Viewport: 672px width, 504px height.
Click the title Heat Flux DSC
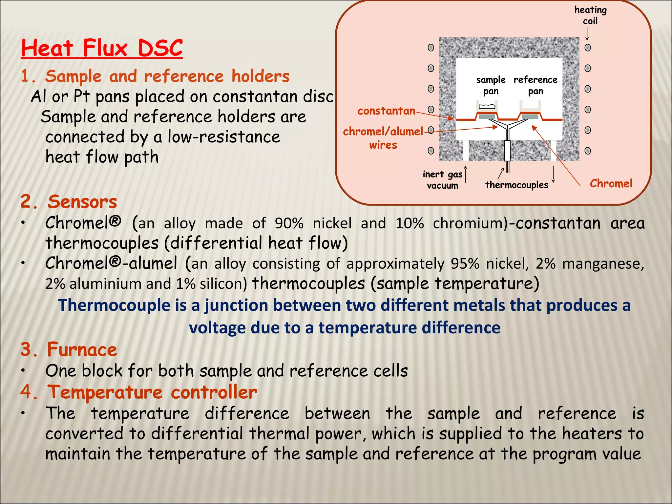pyautogui.click(x=102, y=48)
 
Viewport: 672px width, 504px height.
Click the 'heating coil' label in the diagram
pyautogui.click(x=590, y=15)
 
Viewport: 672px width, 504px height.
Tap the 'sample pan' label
pyautogui.click(x=491, y=85)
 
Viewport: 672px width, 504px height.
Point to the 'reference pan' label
pyautogui.click(x=535, y=85)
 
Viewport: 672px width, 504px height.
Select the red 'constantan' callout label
pyautogui.click(x=386, y=111)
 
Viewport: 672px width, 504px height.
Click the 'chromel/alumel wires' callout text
pyautogui.click(x=383, y=138)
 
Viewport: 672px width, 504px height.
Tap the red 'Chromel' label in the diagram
pyautogui.click(x=611, y=183)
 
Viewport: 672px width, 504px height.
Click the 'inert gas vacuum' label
pyautogui.click(x=442, y=180)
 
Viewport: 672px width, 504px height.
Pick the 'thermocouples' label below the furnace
pyautogui.click(x=516, y=185)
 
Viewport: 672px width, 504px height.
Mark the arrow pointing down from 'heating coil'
pyautogui.click(x=587, y=34)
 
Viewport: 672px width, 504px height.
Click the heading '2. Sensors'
pyautogui.click(x=69, y=201)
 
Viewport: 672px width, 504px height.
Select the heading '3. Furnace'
pyautogui.click(x=69, y=349)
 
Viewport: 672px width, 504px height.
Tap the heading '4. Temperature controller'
pyautogui.click(x=138, y=392)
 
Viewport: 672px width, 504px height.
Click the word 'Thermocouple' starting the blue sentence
pyautogui.click(x=114, y=305)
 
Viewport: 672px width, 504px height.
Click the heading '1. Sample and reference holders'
pyautogui.click(x=155, y=76)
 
